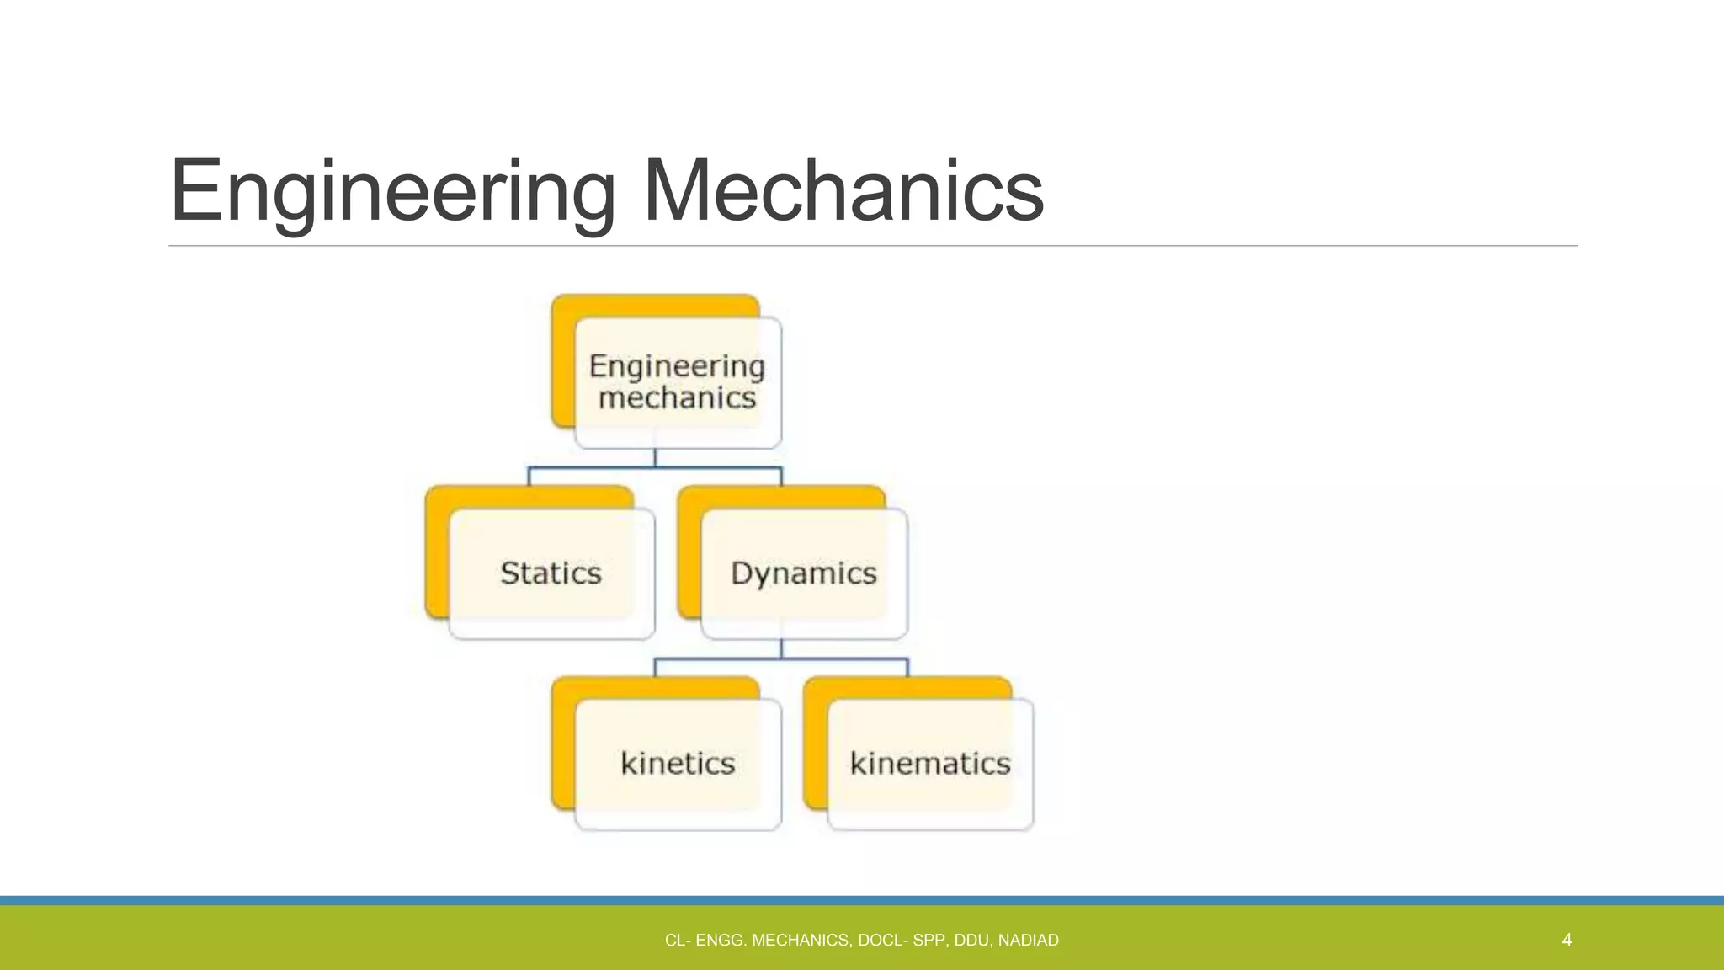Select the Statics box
tap(551, 573)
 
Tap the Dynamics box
tap(804, 573)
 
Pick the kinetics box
tap(678, 764)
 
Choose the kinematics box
tap(930, 764)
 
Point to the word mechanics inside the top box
tap(678, 397)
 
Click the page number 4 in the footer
tap(1567, 940)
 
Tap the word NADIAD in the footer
tap(1028, 941)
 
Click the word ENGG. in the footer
tap(721, 941)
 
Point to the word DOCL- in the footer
tap(883, 941)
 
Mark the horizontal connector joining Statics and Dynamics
tap(589, 467)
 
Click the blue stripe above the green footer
tap(862, 900)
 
